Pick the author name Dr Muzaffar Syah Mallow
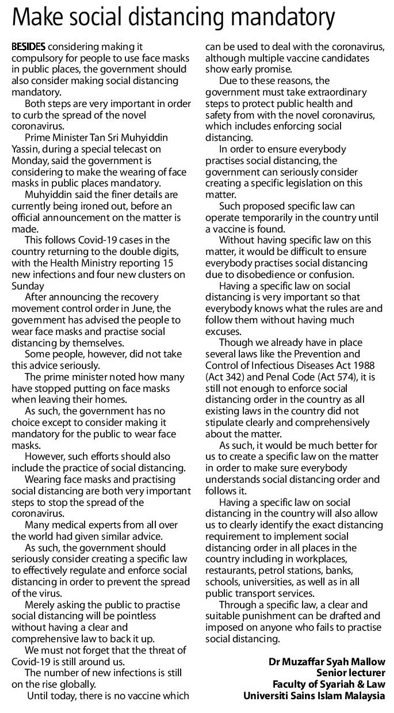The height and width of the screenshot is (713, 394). pos(327,662)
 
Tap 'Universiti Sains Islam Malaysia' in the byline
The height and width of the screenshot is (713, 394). pos(314,696)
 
